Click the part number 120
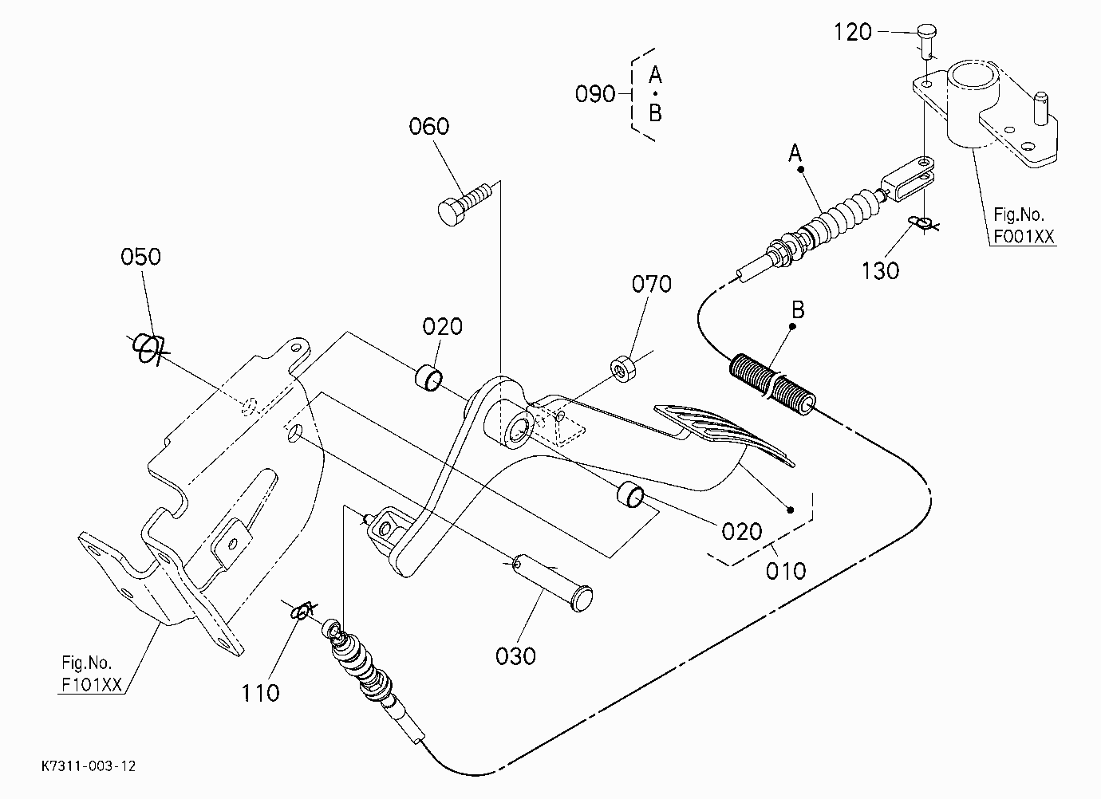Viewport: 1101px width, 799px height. tap(852, 33)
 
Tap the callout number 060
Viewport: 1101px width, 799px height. tap(429, 127)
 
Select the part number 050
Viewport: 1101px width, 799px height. tap(140, 257)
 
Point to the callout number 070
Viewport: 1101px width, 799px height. tap(652, 285)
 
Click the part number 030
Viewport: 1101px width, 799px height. tap(515, 656)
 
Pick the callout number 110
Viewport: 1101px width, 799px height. tap(261, 694)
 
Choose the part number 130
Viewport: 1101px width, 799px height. tap(881, 271)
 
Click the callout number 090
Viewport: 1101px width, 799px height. tap(595, 94)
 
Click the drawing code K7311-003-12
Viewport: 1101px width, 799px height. tap(89, 766)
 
